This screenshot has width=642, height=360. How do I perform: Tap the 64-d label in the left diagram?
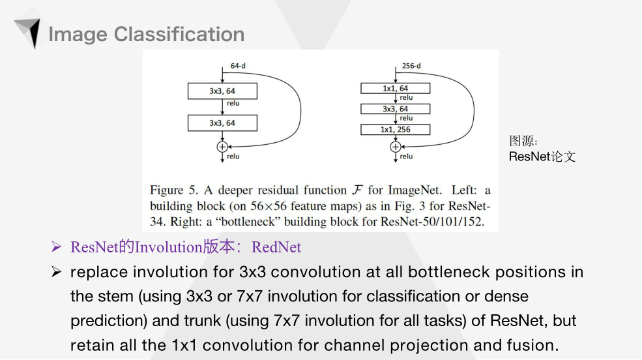point(238,66)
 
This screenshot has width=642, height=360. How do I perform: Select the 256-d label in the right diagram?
point(411,66)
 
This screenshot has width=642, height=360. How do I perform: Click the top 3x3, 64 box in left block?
point(222,91)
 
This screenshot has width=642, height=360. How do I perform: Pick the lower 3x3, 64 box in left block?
point(222,122)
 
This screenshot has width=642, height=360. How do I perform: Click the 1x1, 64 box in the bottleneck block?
point(396,88)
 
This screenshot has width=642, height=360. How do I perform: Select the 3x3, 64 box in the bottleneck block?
point(396,109)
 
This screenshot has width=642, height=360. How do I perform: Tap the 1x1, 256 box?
point(396,130)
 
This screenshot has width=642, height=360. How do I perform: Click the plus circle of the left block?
point(222,147)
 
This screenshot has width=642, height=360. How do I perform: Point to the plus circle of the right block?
point(396,147)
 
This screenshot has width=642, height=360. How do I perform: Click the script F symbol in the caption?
point(357,190)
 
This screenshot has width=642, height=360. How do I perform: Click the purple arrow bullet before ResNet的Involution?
point(57,248)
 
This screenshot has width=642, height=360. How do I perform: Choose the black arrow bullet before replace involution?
point(57,272)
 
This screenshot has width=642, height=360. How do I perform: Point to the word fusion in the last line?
point(535,345)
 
